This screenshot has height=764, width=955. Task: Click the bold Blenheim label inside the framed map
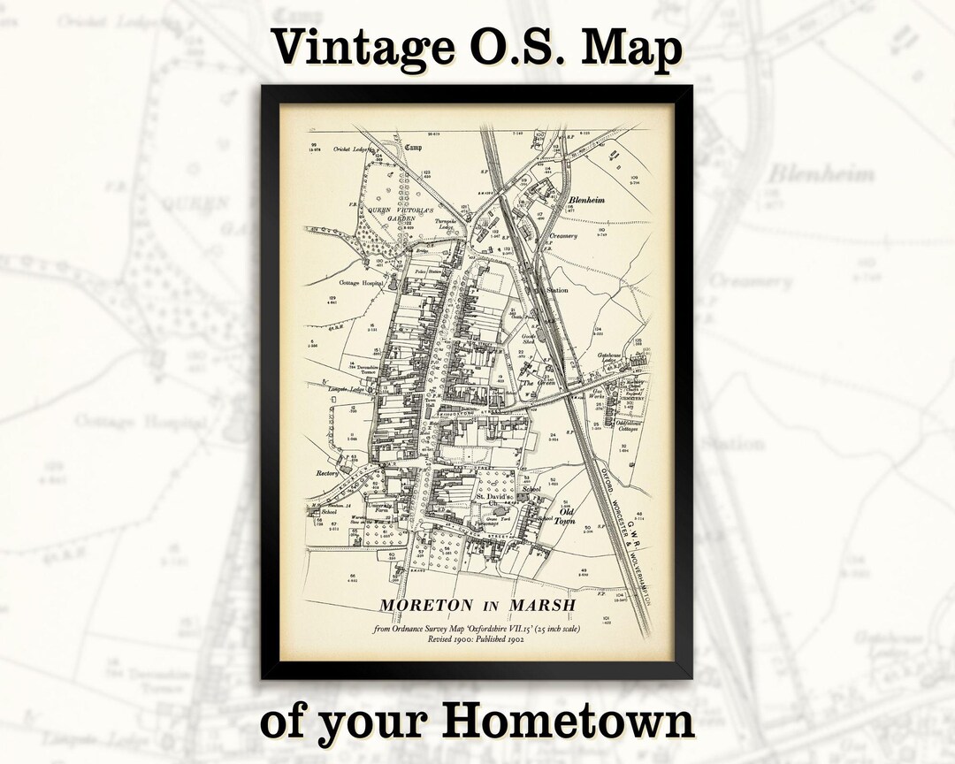587,201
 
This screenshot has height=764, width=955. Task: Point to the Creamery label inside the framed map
563,236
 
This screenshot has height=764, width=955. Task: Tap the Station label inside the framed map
557,289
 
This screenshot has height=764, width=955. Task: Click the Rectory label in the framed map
327,472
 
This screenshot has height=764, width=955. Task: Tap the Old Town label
565,516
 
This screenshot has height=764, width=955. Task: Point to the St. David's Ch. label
493,500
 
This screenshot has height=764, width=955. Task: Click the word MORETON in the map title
426,606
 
